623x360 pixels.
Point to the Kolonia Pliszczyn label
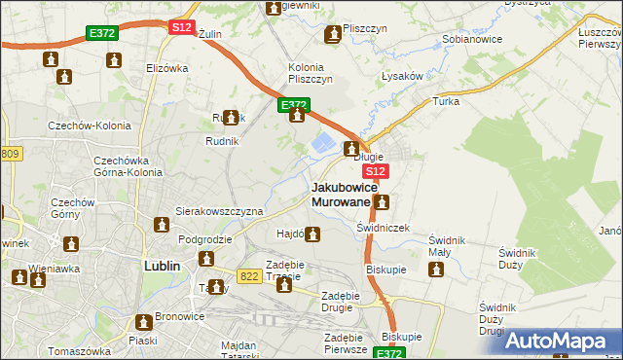click(x=311, y=73)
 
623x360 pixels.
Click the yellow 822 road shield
click(x=249, y=276)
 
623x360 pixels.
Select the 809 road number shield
click(x=11, y=154)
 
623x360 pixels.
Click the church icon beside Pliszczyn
click(x=334, y=35)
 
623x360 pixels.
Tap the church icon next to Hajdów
click(x=312, y=234)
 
